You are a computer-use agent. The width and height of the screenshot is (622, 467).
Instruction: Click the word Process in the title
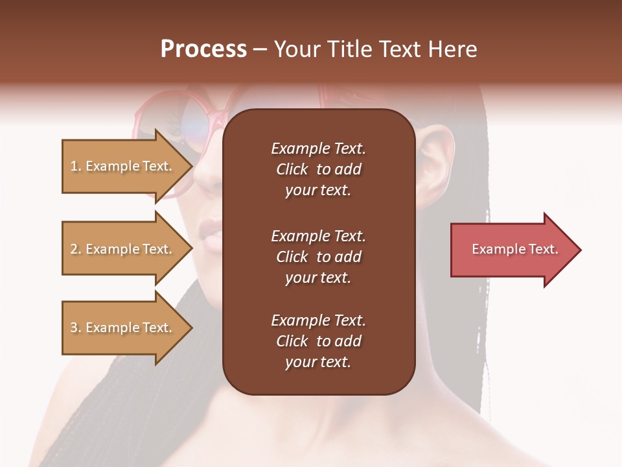tap(203, 50)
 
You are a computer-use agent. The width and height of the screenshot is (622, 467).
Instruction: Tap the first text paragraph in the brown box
tap(318, 169)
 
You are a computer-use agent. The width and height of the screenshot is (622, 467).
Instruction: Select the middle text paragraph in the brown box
tap(318, 257)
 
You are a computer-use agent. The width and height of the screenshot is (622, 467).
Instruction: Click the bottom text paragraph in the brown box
tap(318, 341)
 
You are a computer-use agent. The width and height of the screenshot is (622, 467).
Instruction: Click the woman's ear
tap(436, 156)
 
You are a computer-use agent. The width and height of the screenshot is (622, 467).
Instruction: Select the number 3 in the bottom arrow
tap(75, 328)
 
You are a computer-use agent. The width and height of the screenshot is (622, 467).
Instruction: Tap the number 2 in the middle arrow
tap(75, 249)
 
